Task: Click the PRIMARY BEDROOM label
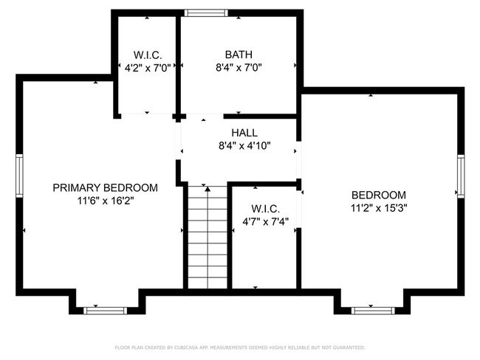click(106, 187)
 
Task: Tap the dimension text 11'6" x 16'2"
click(106, 201)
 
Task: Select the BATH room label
click(239, 55)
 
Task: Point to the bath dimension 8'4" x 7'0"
click(239, 67)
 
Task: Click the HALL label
click(244, 133)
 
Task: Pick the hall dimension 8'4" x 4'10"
click(244, 145)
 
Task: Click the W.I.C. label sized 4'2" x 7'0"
click(148, 55)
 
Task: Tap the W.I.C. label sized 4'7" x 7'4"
click(265, 209)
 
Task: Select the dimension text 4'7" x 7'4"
click(265, 221)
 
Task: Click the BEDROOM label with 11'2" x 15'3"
click(379, 195)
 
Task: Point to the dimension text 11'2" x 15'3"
click(379, 208)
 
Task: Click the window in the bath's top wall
click(206, 13)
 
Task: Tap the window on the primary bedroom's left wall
click(19, 176)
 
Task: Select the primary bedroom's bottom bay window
click(106, 311)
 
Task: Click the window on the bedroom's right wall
click(461, 176)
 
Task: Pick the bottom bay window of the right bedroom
click(373, 311)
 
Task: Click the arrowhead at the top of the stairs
click(208, 189)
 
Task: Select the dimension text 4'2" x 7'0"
click(148, 68)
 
